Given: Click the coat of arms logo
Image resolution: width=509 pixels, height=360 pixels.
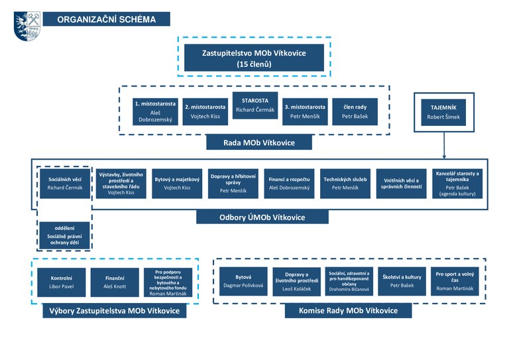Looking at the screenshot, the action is (x=27, y=26).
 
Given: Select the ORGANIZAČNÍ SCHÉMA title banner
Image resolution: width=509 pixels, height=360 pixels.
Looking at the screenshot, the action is (x=107, y=19).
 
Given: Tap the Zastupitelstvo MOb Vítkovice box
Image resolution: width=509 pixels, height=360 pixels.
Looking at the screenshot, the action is (x=254, y=58).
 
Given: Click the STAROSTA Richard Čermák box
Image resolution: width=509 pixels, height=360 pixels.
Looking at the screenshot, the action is (x=255, y=105).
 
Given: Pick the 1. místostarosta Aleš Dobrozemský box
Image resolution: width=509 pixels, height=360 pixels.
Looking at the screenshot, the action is (x=155, y=111).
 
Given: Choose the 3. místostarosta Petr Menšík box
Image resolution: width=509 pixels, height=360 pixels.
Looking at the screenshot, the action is (x=305, y=111).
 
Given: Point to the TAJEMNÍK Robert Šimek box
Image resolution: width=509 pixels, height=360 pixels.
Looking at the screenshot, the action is (x=443, y=112).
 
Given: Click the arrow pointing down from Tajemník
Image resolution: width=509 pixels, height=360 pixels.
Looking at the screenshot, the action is (x=444, y=145).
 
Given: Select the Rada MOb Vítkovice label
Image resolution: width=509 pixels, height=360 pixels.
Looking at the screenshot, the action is (x=259, y=143).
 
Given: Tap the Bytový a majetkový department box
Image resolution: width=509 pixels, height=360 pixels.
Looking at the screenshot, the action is (x=177, y=184).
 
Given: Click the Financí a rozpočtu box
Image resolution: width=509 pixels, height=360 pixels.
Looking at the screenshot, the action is (x=289, y=184).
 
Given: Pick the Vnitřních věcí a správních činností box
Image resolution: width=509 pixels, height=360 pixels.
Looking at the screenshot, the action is (x=401, y=184).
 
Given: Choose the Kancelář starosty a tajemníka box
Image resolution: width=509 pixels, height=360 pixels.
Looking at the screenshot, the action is (x=457, y=184).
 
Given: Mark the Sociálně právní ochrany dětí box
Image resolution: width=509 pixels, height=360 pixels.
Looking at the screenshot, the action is (x=64, y=235).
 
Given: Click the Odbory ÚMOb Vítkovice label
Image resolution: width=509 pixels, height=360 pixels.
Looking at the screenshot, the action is (x=262, y=217).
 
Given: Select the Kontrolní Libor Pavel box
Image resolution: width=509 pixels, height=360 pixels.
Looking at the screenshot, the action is (x=62, y=282).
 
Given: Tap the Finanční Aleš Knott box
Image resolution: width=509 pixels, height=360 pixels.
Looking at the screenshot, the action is (x=115, y=282).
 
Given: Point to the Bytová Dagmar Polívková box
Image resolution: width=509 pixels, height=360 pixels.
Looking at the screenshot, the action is (x=243, y=281).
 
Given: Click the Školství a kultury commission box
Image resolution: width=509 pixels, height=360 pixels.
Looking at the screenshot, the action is (x=402, y=281).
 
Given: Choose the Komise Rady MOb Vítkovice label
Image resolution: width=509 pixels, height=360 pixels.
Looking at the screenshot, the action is (x=349, y=311).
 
